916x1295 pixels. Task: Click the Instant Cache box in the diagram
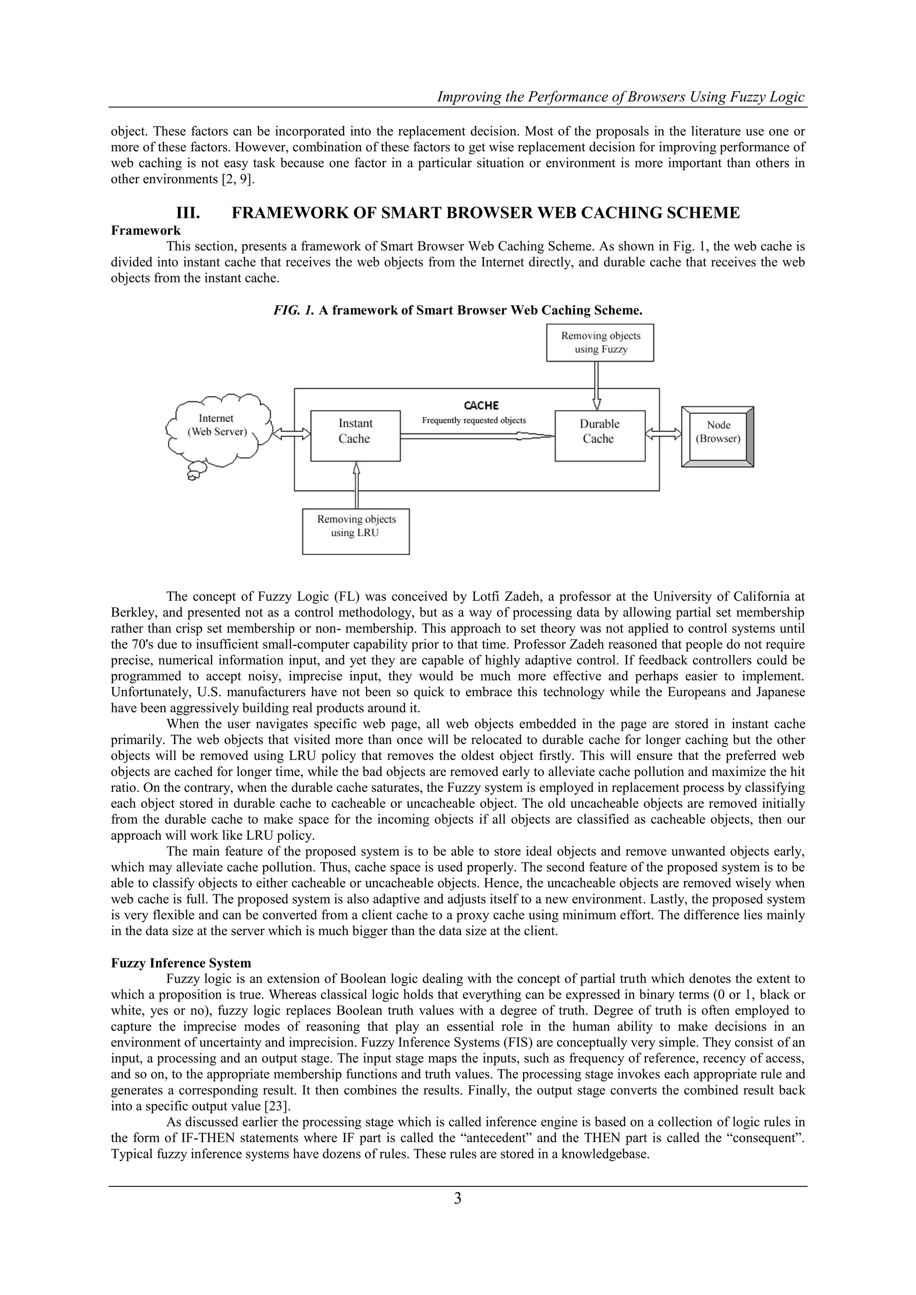point(355,436)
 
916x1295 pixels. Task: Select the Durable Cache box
point(600,436)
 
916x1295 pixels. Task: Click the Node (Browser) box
point(717,436)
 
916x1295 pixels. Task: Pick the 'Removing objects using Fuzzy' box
point(600,343)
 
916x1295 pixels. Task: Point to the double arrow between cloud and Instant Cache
point(291,433)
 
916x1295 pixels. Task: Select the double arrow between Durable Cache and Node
point(663,433)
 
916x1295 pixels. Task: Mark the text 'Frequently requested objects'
point(474,420)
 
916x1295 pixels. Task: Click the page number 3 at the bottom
point(458,1215)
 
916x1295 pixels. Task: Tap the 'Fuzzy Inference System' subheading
point(181,963)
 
